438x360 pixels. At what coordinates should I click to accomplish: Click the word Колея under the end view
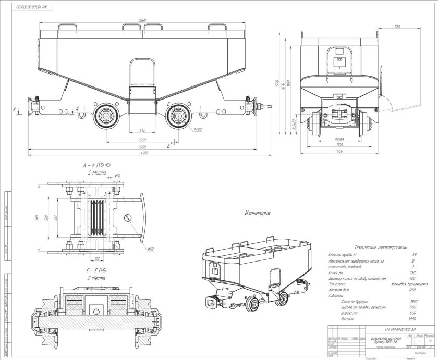(339, 139)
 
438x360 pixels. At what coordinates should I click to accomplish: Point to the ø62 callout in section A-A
(150, 249)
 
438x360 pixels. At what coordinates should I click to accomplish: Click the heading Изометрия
(257, 214)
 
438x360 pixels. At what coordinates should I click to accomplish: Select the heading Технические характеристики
(380, 248)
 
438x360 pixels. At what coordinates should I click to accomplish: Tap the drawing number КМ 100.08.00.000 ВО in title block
(400, 330)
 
